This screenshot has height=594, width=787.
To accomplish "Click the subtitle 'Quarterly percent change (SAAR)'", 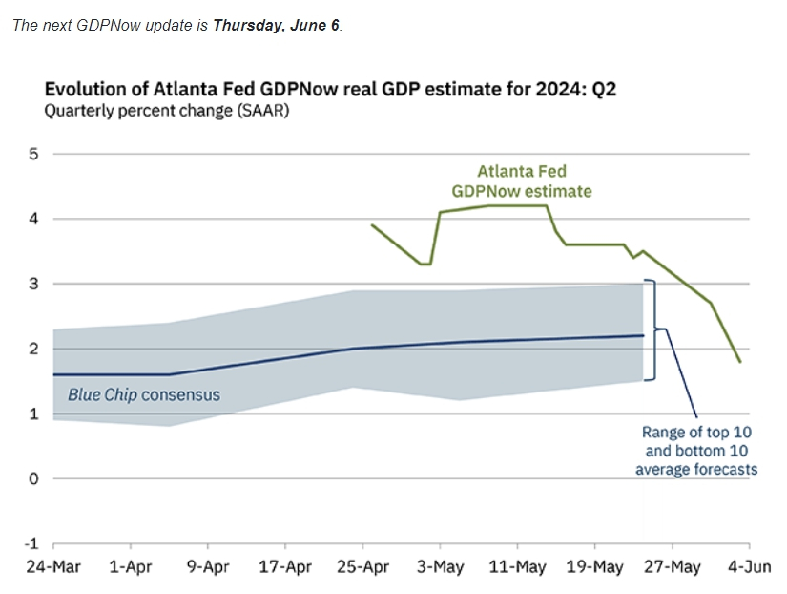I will click(167, 111).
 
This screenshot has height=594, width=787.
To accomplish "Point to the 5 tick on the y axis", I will click(33, 154).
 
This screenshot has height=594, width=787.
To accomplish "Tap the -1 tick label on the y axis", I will click(30, 544).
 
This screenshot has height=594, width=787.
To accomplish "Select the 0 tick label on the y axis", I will click(33, 479).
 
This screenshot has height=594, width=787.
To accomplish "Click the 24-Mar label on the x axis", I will click(53, 567).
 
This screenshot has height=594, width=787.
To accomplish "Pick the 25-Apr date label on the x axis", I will click(362, 567).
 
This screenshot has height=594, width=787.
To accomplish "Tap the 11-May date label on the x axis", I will click(517, 567).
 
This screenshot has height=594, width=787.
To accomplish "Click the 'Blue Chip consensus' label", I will click(143, 394).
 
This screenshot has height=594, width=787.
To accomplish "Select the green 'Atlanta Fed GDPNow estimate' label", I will click(534, 180).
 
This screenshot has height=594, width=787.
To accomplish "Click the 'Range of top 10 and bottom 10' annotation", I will click(696, 451).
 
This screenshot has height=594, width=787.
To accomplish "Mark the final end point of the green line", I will click(740, 362).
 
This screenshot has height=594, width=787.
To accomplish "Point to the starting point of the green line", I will click(371, 225).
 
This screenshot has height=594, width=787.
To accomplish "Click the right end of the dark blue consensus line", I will click(643, 335).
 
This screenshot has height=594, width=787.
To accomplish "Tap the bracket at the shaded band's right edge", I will click(652, 330).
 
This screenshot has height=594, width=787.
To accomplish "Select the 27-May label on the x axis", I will click(672, 567).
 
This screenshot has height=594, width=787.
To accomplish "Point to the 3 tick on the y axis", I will click(33, 284).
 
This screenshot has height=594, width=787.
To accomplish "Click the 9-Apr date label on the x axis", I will click(208, 567).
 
